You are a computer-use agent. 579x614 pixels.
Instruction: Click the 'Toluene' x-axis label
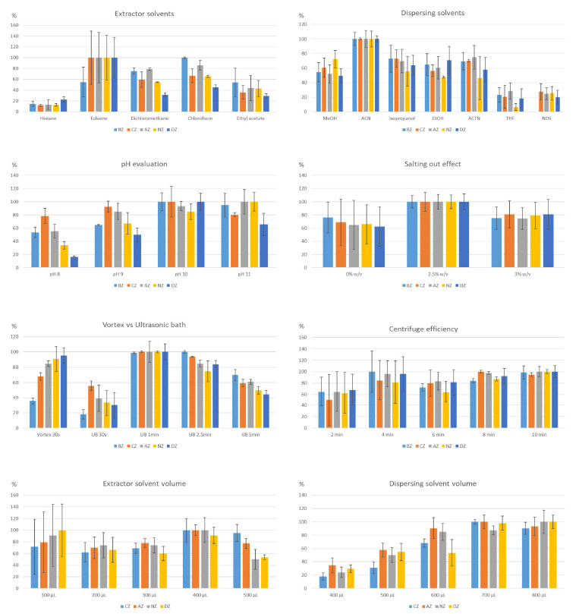click(96, 118)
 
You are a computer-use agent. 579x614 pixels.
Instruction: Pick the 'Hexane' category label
click(47, 118)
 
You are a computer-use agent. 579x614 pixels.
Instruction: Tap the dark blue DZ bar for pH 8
click(74, 263)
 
